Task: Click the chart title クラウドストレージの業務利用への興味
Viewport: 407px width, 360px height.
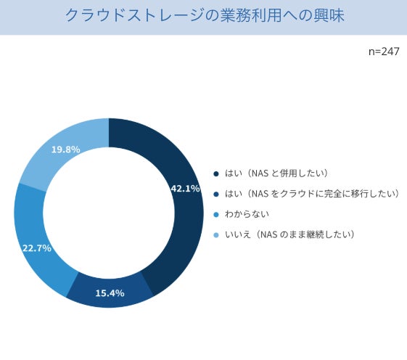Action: point(205,15)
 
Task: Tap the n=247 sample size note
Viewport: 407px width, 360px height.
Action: point(384,52)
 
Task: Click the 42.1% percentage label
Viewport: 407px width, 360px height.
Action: point(185,189)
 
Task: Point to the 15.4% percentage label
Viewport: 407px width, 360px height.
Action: point(110,293)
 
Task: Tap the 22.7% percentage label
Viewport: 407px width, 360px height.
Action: point(37,248)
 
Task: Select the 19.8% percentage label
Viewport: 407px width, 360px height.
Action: point(66,150)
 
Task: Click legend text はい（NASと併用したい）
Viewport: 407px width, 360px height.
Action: point(276,173)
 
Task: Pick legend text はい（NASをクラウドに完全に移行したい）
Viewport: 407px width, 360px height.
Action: point(312,194)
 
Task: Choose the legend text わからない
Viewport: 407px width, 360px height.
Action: point(247,214)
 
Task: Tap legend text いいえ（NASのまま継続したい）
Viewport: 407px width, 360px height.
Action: point(289,234)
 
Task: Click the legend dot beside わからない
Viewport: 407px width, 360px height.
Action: point(216,215)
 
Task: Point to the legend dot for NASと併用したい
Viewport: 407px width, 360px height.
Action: point(216,173)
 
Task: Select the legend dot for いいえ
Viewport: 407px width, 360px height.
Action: point(216,235)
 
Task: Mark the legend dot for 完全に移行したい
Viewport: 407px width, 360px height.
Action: point(216,194)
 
